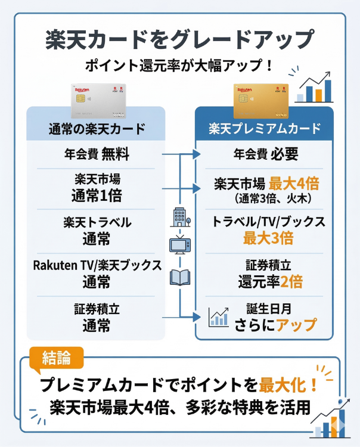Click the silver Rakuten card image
click(x=98, y=100)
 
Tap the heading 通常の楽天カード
click(x=97, y=129)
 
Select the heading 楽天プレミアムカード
click(x=265, y=129)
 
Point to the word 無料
click(x=115, y=155)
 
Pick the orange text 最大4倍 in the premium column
click(x=294, y=184)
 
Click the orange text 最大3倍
click(x=268, y=239)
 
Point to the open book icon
click(x=180, y=277)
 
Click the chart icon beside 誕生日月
click(x=219, y=317)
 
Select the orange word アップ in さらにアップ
click(x=291, y=325)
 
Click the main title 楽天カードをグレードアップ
click(x=179, y=39)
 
